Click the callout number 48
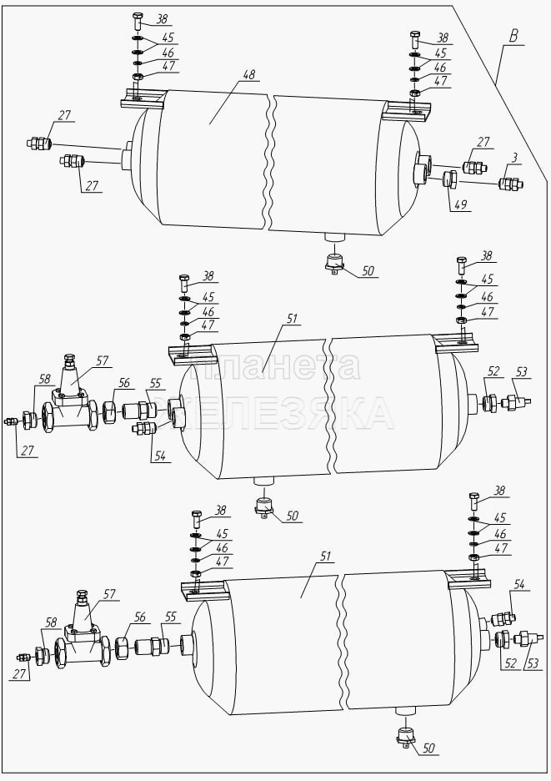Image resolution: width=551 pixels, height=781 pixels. click(248, 75)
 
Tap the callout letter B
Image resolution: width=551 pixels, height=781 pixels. click(513, 36)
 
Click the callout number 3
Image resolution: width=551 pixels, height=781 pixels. click(514, 158)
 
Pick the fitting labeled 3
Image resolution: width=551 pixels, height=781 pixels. click(511, 184)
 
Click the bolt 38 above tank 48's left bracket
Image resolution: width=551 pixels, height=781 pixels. click(138, 23)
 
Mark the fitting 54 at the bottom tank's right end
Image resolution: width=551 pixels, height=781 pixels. click(503, 619)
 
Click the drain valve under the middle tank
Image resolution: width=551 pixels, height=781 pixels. click(264, 508)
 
